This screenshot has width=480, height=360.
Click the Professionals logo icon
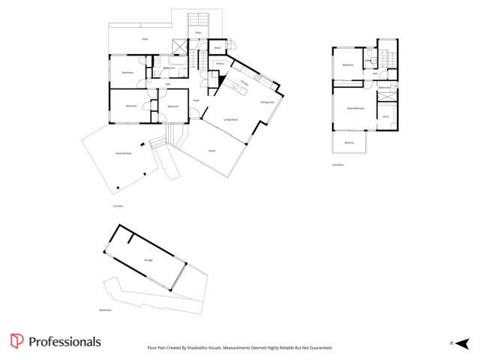(x=16, y=342)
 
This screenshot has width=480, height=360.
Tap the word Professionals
(x=64, y=342)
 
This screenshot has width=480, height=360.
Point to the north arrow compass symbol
(x=455, y=343)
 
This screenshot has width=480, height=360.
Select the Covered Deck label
(x=124, y=153)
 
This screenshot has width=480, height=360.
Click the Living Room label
(x=230, y=119)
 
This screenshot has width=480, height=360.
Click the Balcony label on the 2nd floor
(x=349, y=142)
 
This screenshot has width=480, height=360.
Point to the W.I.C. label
(x=385, y=116)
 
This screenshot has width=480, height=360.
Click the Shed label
(x=217, y=47)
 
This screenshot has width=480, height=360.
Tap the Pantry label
(x=220, y=64)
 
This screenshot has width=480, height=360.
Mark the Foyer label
(x=196, y=100)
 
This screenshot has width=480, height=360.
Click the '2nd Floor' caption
(x=337, y=164)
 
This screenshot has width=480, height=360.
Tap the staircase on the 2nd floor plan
(x=387, y=58)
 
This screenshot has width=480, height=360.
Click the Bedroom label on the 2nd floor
(x=348, y=65)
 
